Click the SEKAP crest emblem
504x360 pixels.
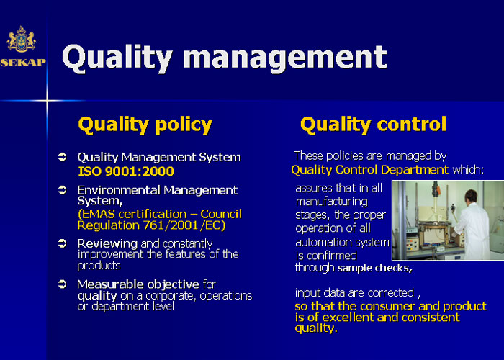pyautogui.click(x=21, y=39)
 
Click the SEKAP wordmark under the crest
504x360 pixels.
pyautogui.click(x=23, y=63)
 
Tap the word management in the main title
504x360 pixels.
pyautogui.click(x=285, y=57)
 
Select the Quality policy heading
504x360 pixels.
pyautogui.click(x=145, y=125)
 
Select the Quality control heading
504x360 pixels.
pyautogui.click(x=373, y=125)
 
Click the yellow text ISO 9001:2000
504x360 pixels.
pyautogui.click(x=126, y=171)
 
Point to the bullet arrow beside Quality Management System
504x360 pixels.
pyautogui.click(x=62, y=157)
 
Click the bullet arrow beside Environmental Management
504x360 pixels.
pyautogui.click(x=62, y=190)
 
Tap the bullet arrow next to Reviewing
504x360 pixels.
pyautogui.click(x=62, y=243)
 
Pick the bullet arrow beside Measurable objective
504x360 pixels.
pyautogui.click(x=62, y=284)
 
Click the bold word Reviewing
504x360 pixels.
pyautogui.click(x=107, y=244)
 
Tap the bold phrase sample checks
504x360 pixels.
pyautogui.click(x=375, y=268)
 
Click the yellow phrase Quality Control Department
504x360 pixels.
pyautogui.click(x=369, y=169)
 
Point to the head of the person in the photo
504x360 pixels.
pyautogui.click(x=471, y=196)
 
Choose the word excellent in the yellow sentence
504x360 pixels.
pyautogui.click(x=348, y=318)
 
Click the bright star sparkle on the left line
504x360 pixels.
pyautogui.click(x=47, y=101)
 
